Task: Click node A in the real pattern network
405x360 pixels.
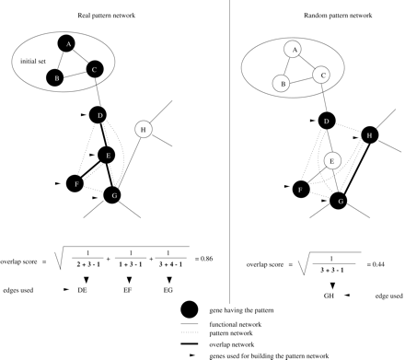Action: click(66, 43)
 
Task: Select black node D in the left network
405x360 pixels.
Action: click(99, 116)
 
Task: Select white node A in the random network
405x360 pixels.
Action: click(292, 49)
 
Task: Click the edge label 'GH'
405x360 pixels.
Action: click(326, 295)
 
